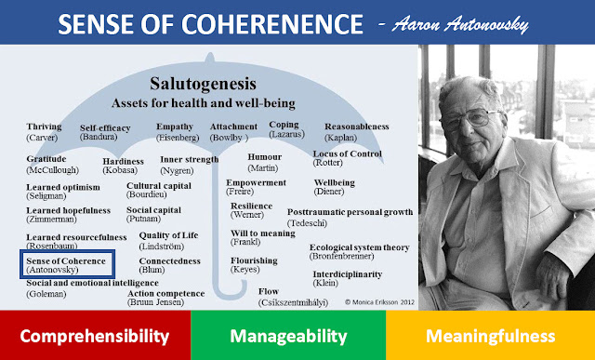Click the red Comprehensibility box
(95, 335)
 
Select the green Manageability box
(288, 335)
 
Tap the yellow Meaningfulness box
(491, 335)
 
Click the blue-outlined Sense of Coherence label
(65, 264)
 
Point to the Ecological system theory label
(359, 252)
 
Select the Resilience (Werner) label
(252, 211)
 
